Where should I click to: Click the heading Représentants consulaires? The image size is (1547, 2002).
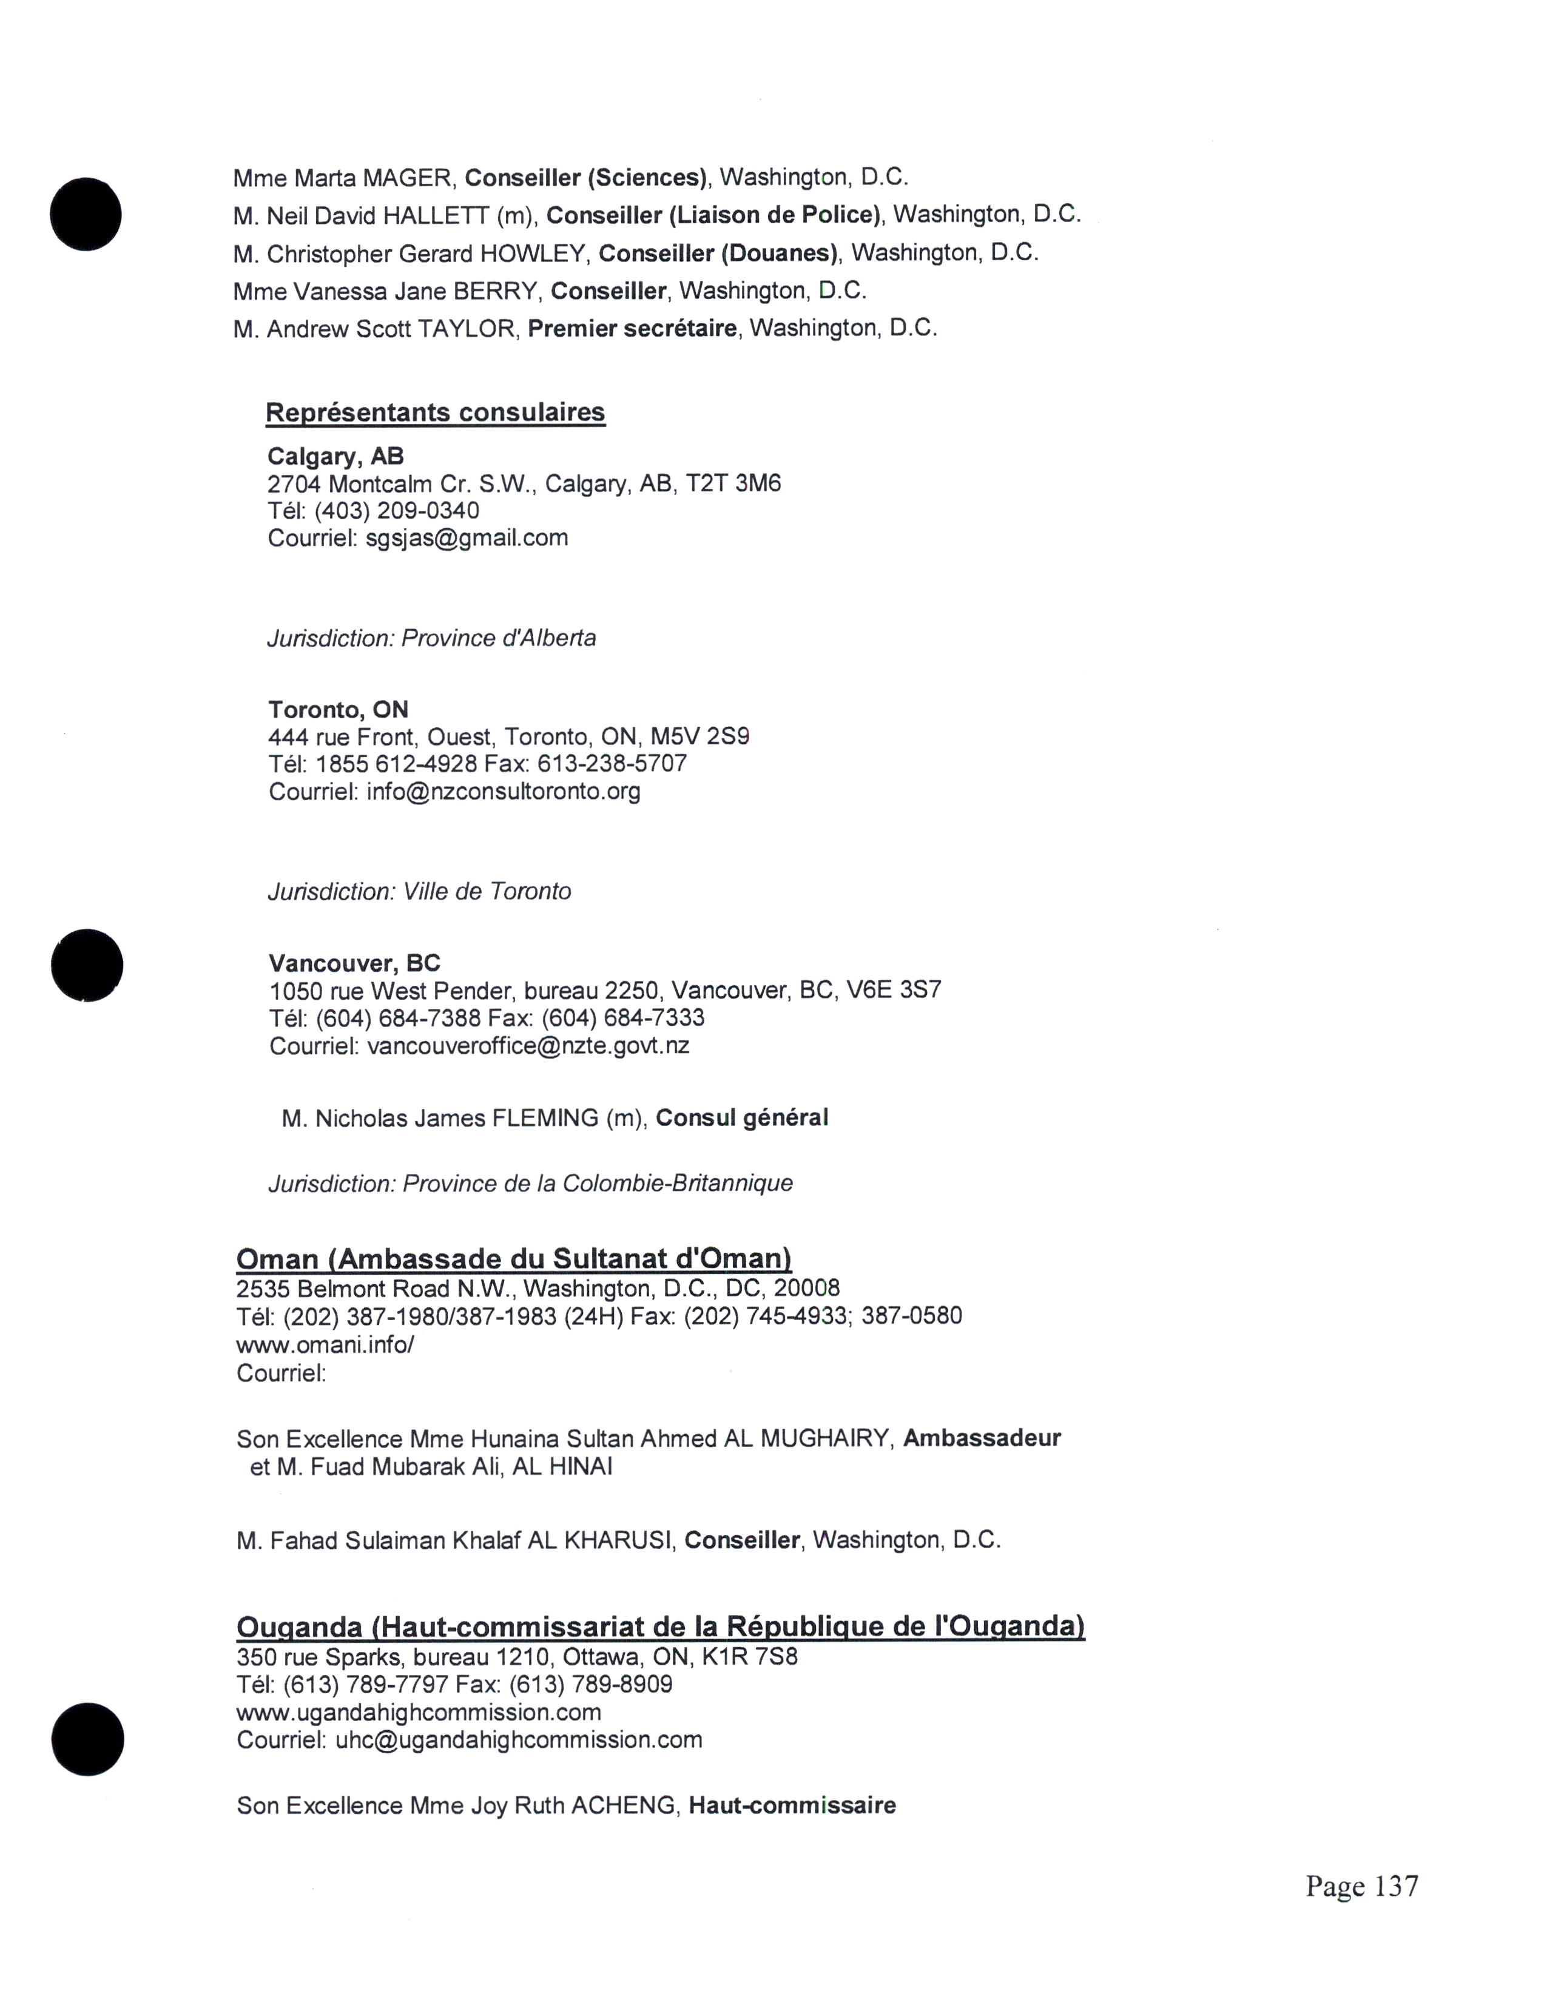click(436, 413)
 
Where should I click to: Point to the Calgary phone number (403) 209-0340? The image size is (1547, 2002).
click(397, 511)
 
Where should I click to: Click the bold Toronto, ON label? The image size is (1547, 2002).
click(338, 710)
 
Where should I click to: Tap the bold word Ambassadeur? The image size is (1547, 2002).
click(982, 1438)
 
